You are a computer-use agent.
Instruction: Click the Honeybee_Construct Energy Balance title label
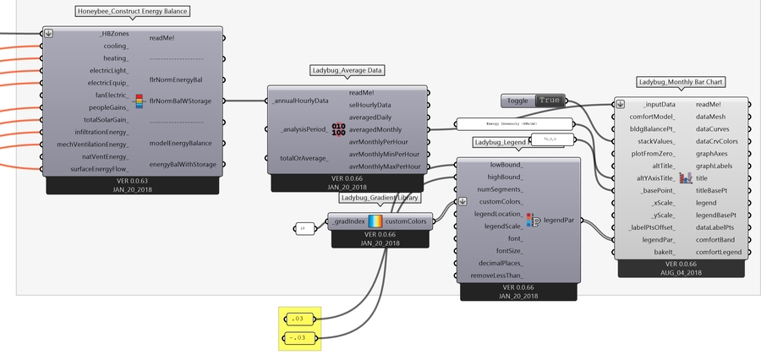pos(131,12)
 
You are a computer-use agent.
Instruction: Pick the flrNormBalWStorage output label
pos(181,101)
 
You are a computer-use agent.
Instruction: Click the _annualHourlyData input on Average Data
pos(300,101)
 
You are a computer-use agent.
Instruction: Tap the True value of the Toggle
pos(549,101)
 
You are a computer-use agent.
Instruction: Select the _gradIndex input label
pos(348,221)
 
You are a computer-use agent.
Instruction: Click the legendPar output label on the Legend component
pos(558,220)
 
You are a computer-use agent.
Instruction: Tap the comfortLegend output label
pos(719,253)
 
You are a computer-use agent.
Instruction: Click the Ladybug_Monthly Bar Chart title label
pos(682,82)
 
